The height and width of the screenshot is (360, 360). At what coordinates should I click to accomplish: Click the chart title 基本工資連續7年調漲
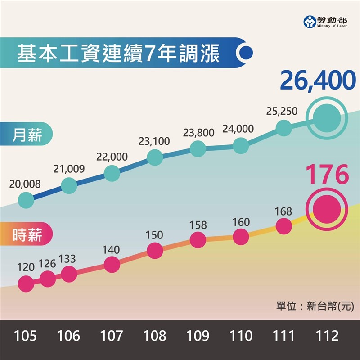[x=118, y=54]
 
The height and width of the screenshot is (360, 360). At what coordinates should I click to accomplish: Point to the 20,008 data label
[x=24, y=184]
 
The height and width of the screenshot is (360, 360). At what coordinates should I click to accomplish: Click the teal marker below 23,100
[x=154, y=157]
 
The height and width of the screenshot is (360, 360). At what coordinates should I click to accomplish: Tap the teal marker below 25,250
[x=283, y=128]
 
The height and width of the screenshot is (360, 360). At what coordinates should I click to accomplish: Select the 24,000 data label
[x=238, y=129]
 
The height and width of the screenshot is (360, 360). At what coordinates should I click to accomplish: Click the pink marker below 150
[x=154, y=251]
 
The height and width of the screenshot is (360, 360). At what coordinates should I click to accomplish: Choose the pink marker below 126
[x=47, y=279]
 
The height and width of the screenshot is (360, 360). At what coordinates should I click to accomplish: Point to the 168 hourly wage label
[x=283, y=211]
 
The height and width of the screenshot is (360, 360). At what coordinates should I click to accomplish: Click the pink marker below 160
[x=241, y=237]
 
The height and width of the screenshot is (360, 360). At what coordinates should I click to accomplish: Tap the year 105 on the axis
[x=26, y=336]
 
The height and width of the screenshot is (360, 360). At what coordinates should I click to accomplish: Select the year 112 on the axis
[x=327, y=336]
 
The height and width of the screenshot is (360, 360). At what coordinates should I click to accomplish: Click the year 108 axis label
[x=154, y=336]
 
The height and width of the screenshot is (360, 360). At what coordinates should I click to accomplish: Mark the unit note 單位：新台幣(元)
[x=315, y=306]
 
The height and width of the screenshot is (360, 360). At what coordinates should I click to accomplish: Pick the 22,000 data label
[x=112, y=157]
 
